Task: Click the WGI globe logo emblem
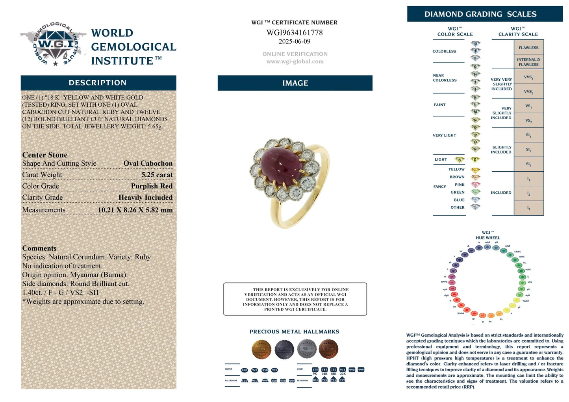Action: [x=54, y=44]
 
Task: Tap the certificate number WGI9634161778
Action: [x=295, y=33]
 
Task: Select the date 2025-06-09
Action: [x=295, y=41]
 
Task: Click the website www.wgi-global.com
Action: [x=295, y=61]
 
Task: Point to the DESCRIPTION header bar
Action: [x=98, y=83]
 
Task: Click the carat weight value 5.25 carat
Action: [x=157, y=175]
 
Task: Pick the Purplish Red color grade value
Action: [x=152, y=186]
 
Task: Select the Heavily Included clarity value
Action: [x=145, y=198]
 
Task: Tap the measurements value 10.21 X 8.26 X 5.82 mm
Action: [x=135, y=210]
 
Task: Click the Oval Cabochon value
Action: [x=148, y=163]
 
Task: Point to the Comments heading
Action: [x=39, y=248]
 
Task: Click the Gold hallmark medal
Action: [x=261, y=349]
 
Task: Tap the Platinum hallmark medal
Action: [x=284, y=349]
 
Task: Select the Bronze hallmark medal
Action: [x=328, y=349]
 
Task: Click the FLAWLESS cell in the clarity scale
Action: [x=528, y=48]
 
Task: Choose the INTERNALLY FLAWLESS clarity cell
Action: [x=528, y=62]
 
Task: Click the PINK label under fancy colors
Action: [x=460, y=185]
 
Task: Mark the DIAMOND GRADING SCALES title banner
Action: [x=484, y=14]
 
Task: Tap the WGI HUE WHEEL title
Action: [x=487, y=235]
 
